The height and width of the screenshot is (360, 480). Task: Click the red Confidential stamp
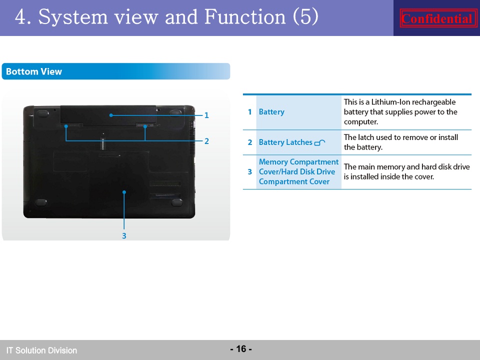coord(438,18)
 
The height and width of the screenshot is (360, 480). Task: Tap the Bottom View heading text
coord(34,71)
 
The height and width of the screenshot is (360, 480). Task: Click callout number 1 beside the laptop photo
coord(206,115)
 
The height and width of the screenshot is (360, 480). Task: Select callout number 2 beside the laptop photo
coord(206,141)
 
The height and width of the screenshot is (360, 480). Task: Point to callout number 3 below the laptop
coord(124,236)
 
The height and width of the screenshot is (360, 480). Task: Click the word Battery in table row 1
coord(271,111)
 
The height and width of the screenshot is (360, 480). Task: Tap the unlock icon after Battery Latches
coord(320,142)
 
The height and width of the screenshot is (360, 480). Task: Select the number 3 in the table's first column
coord(250,171)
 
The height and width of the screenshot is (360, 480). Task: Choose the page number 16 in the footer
coord(241,348)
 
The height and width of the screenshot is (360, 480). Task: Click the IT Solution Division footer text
coord(41,350)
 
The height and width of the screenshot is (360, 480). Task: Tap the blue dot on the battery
coord(111,115)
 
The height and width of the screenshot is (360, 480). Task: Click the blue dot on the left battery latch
coord(66,126)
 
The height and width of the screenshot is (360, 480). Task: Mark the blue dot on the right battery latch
coord(145,126)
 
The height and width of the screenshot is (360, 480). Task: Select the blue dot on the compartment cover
coord(124,192)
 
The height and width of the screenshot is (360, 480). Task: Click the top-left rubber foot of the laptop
coord(42,113)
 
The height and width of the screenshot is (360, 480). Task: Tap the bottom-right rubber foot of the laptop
coord(177,202)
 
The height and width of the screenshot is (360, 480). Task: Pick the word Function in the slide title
coord(245,16)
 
